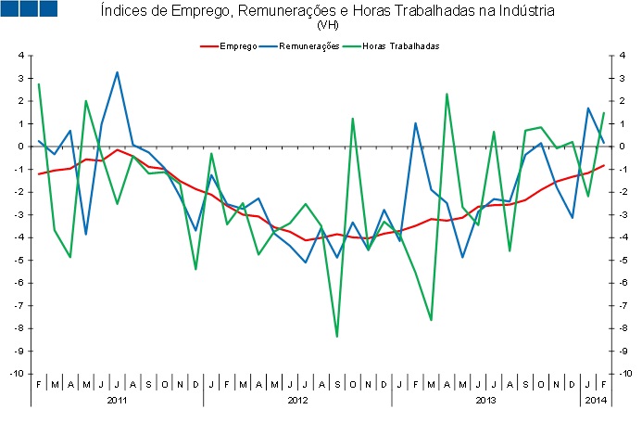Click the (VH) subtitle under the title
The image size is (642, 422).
tap(327, 25)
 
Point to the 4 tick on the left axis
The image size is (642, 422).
tap(19, 56)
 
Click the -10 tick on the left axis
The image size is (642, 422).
tap(18, 374)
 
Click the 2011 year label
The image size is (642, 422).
tap(117, 401)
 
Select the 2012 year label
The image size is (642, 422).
tap(297, 401)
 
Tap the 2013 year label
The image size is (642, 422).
tap(485, 401)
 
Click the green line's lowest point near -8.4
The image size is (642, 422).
tap(337, 337)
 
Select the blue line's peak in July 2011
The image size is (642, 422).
tap(117, 72)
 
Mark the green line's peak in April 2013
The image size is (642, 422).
tap(447, 94)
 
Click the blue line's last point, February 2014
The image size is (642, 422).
tap(604, 142)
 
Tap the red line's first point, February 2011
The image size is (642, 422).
tap(39, 173)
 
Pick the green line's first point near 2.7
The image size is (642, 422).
tap(39, 84)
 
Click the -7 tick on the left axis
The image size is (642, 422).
tap(19, 305)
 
